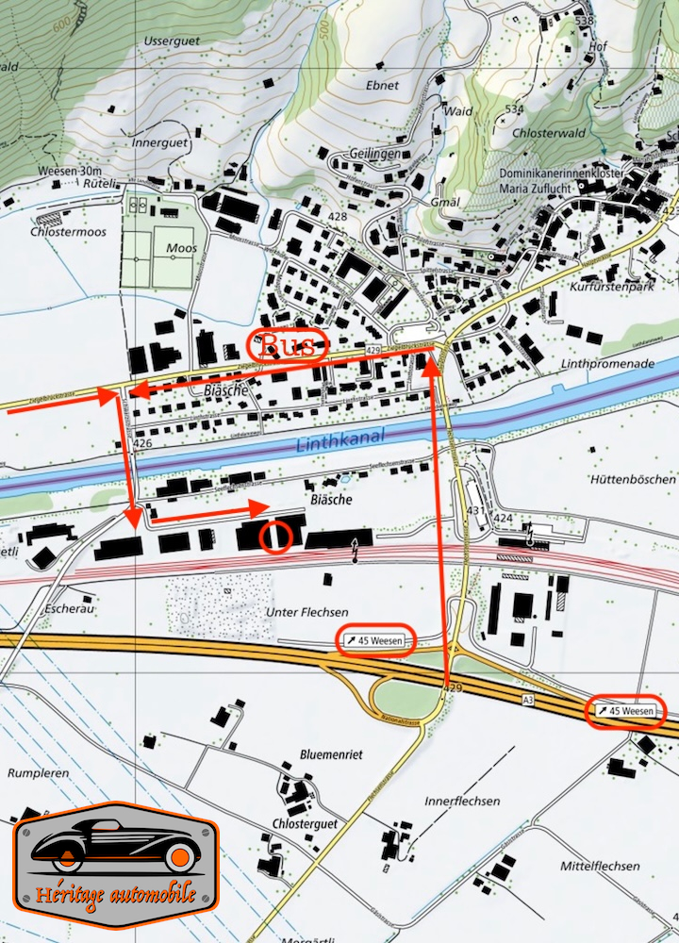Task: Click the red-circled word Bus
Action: tap(287, 345)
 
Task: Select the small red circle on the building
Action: tap(275, 537)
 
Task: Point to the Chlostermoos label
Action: tap(69, 231)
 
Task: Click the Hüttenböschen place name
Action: tap(634, 479)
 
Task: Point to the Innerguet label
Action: tap(160, 143)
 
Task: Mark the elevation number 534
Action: tap(514, 110)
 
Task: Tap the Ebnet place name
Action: tap(382, 85)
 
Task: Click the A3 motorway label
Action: tap(530, 699)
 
